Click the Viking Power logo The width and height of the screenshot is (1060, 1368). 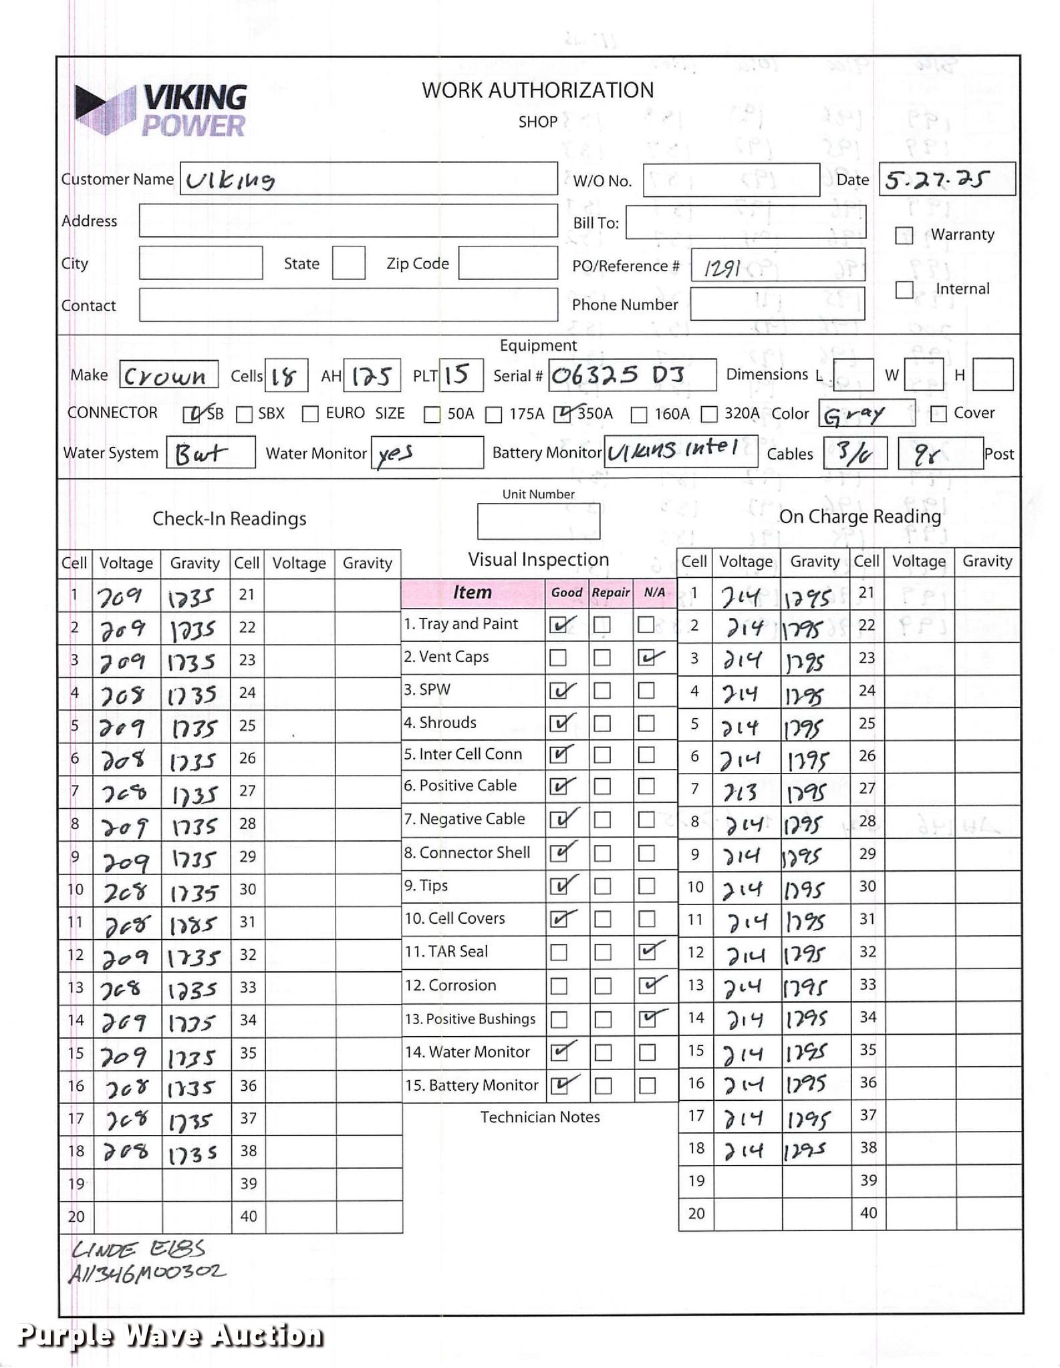tap(161, 111)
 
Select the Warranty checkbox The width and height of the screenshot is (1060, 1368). tap(904, 236)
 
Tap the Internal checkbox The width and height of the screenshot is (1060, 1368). tap(904, 290)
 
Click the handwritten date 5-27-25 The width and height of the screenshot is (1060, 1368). tap(935, 180)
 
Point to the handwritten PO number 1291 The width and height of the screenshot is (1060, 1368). tap(722, 269)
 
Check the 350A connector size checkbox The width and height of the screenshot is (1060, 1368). tap(563, 415)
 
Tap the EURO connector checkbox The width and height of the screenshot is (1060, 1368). tap(310, 415)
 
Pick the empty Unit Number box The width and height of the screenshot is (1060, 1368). tap(538, 522)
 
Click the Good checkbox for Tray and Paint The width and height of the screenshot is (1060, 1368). tap(558, 625)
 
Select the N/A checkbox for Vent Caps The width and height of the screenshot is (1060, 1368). tap(646, 659)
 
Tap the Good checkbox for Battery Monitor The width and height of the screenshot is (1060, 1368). tap(558, 1086)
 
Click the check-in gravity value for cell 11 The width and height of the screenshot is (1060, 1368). tap(193, 925)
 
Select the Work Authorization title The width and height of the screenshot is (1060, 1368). tap(537, 91)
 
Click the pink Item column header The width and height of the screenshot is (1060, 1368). tap(472, 592)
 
